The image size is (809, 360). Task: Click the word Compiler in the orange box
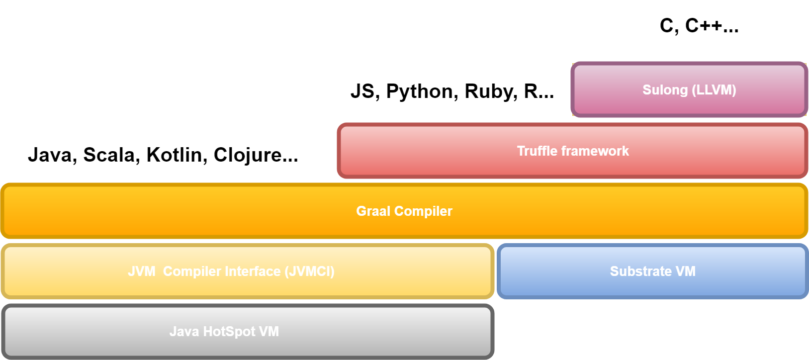coord(423,211)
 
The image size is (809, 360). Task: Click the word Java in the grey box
coord(184,332)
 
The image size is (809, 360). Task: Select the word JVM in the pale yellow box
coord(142,271)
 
